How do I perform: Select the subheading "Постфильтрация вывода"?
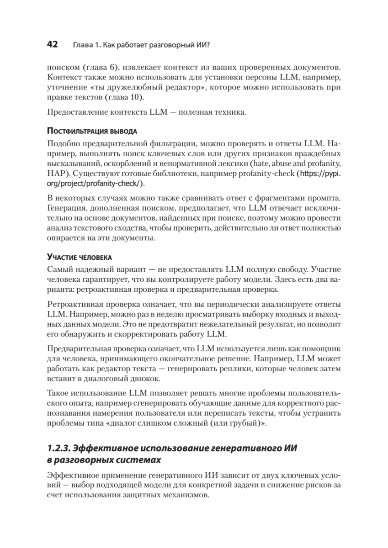point(91,131)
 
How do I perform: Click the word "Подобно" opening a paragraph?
point(62,142)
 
